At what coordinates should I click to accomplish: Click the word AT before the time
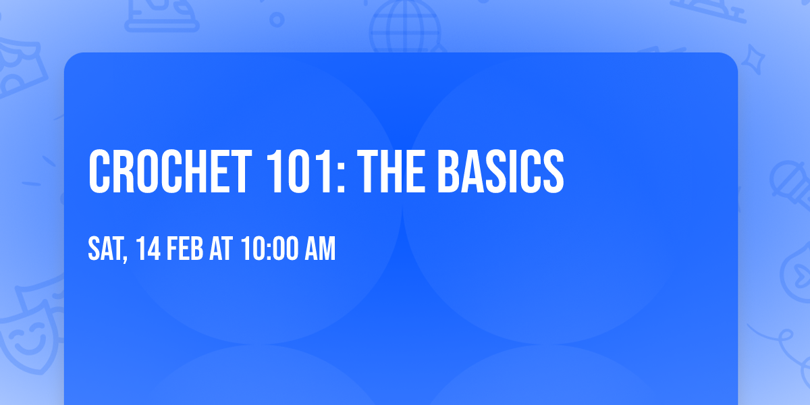pyautogui.click(x=221, y=250)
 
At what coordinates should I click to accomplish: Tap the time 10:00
pyautogui.click(x=269, y=250)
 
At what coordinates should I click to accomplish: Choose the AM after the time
pyautogui.click(x=320, y=250)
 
